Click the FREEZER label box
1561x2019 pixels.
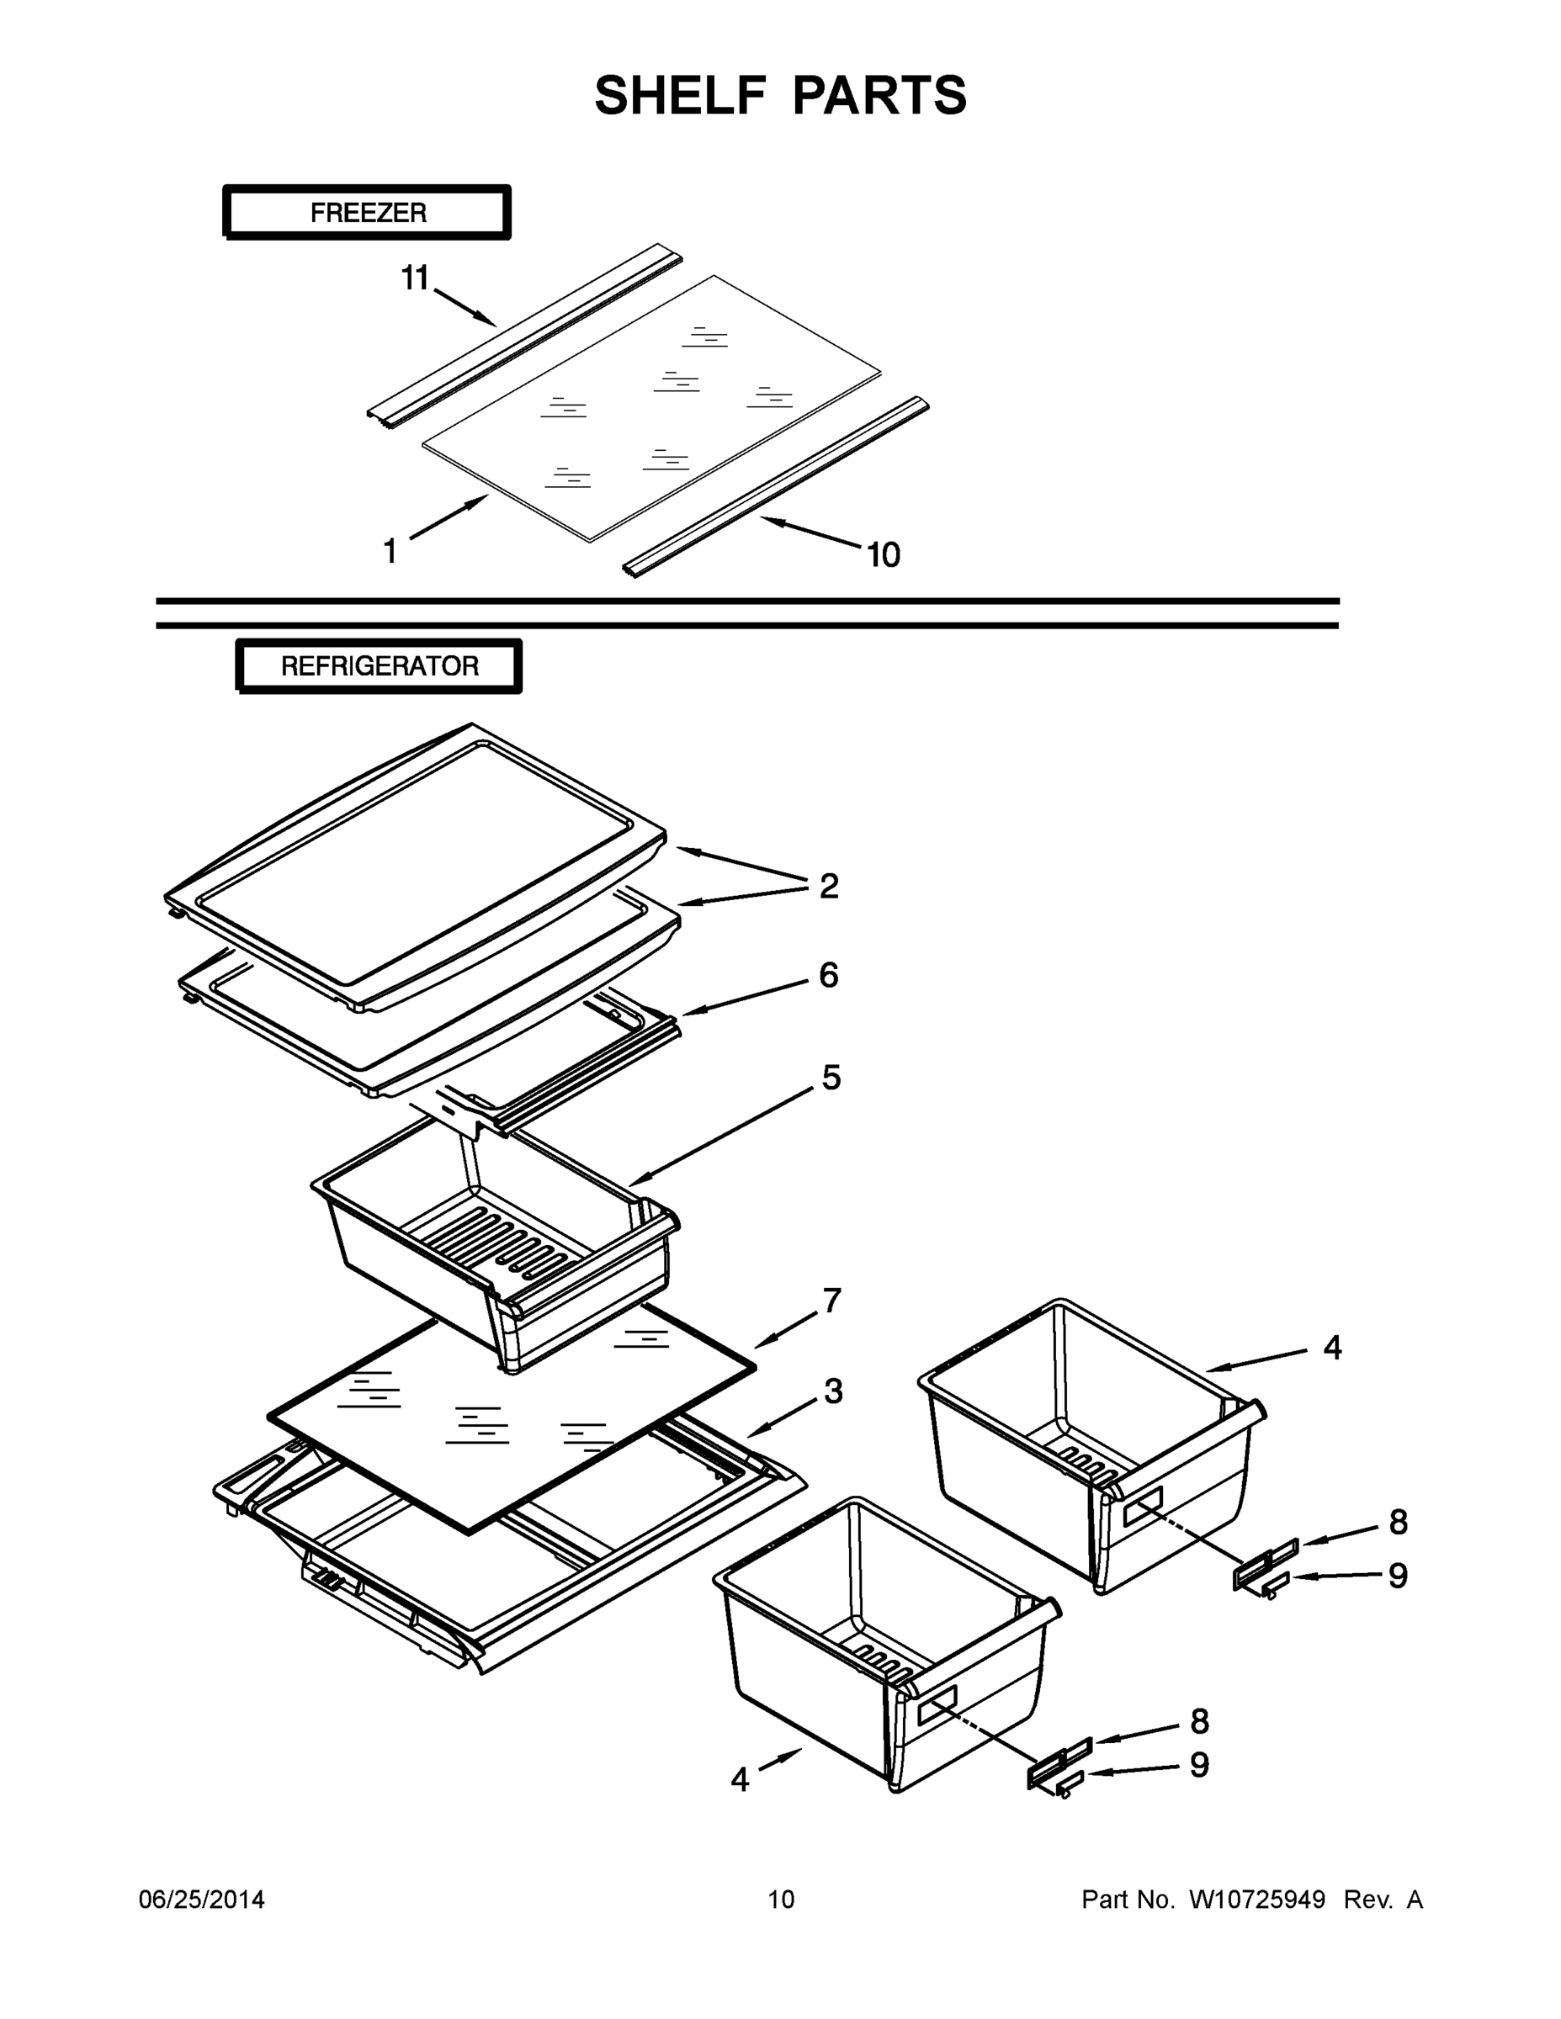(x=367, y=213)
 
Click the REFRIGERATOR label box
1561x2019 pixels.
(x=380, y=665)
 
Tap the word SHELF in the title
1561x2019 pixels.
(x=681, y=96)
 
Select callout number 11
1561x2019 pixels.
(x=415, y=277)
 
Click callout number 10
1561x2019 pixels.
(x=883, y=554)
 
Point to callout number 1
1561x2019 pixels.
(x=390, y=551)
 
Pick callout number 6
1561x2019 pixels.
(x=829, y=975)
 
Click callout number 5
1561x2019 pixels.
(x=831, y=1077)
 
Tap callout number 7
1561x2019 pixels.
(x=832, y=1300)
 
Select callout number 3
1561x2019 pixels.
(x=833, y=1391)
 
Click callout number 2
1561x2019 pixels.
(x=829, y=886)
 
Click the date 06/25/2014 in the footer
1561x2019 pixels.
(x=202, y=1900)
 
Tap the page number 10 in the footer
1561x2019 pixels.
(x=781, y=1900)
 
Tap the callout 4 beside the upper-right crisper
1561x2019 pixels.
(x=1331, y=1348)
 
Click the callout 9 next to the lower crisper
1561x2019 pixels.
(x=1198, y=1765)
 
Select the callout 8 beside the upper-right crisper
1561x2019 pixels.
(x=1399, y=1522)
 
